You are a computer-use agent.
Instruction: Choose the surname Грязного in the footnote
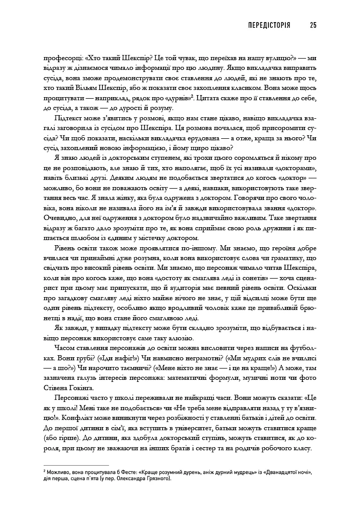click(154, 478)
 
